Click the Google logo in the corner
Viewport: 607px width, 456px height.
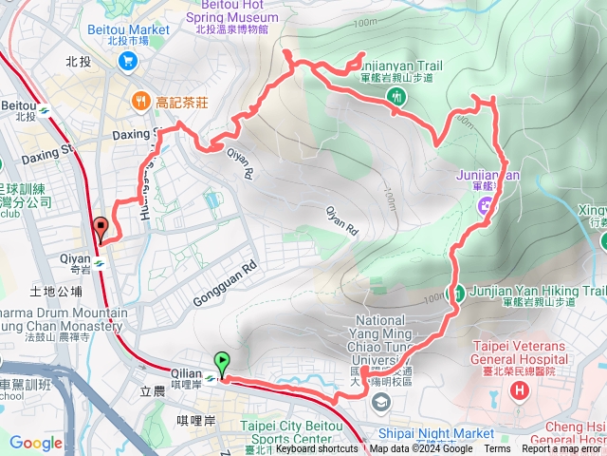(35, 443)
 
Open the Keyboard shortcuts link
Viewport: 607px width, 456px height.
(318, 449)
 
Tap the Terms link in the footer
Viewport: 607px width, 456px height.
(497, 449)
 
